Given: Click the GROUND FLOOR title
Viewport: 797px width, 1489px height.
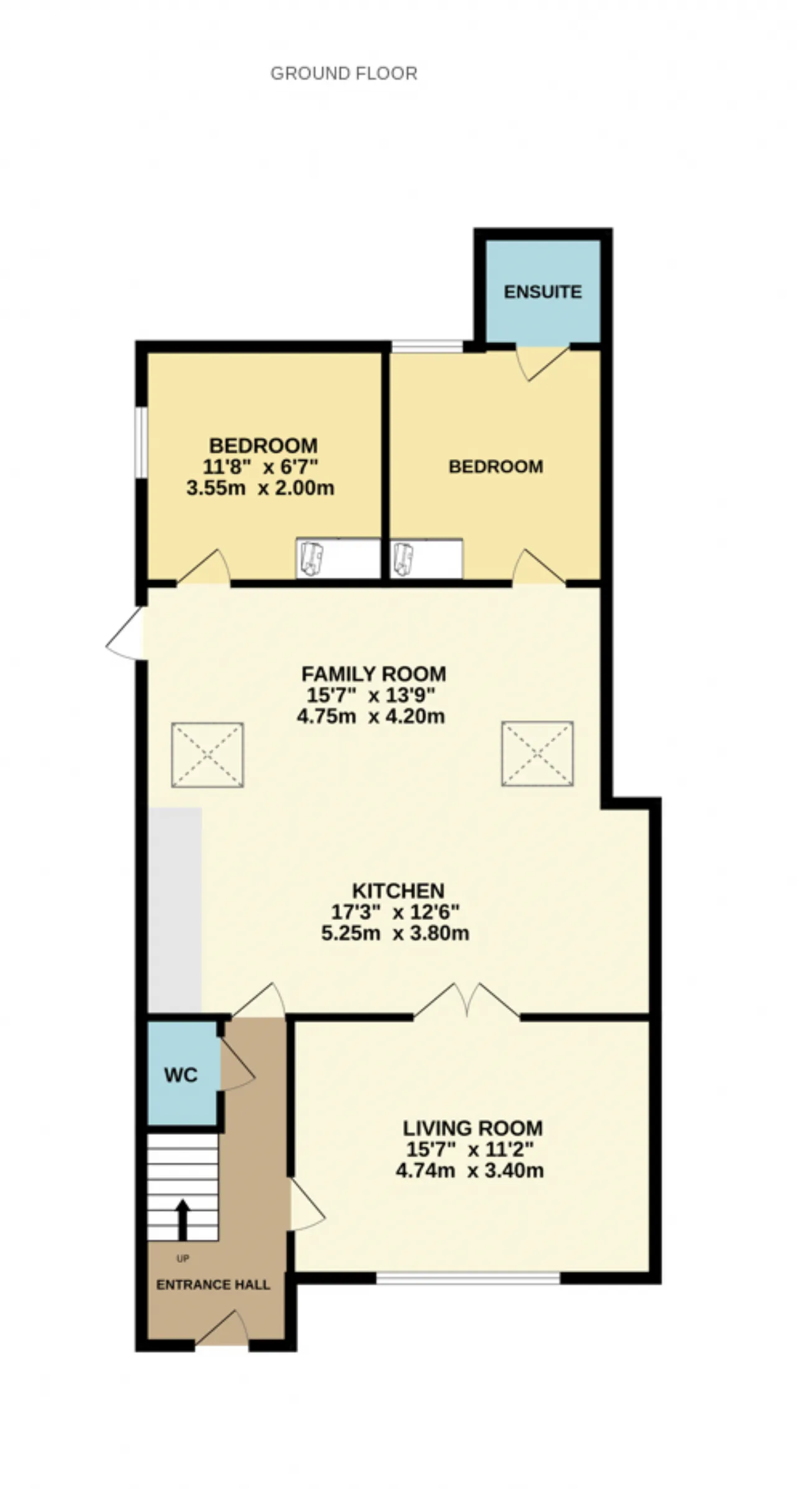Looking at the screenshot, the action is (344, 73).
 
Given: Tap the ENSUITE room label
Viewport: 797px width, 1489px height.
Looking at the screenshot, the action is (543, 291).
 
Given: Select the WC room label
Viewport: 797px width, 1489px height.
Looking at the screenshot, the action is (181, 1075).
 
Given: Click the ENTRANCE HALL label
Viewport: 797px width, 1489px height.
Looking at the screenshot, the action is (213, 1285).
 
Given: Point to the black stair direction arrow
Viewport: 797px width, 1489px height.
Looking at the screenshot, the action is (182, 1219).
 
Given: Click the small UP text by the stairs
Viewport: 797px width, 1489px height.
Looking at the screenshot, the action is (182, 1259).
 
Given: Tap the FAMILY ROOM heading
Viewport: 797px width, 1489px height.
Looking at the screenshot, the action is (374, 674).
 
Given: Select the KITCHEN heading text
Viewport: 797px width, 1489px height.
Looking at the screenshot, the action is (398, 890).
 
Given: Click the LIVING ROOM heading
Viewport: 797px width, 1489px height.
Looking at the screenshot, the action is (473, 1128).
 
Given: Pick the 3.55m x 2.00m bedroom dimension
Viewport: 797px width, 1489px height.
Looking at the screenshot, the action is (260, 487).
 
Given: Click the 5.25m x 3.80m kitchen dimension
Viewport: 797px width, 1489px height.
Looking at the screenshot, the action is (395, 933).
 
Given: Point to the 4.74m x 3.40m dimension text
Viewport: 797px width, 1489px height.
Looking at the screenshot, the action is (470, 1170).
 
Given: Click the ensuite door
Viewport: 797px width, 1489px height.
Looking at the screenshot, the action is (542, 362).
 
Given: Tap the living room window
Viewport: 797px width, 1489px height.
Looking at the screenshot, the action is (468, 1278).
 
